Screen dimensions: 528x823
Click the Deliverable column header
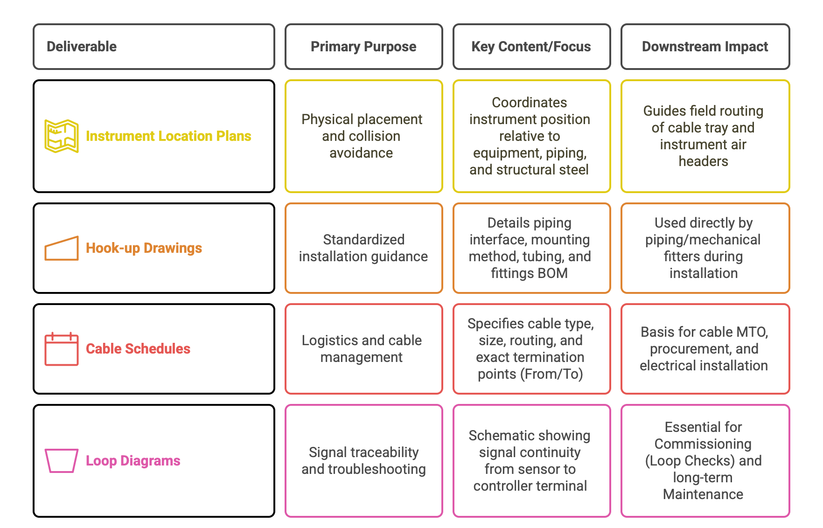(x=153, y=47)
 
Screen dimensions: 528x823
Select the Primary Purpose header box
(x=363, y=47)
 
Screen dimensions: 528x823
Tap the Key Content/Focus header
(x=531, y=47)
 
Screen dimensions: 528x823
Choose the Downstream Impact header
(x=705, y=47)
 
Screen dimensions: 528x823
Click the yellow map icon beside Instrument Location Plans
(x=62, y=136)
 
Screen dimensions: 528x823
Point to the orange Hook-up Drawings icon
(x=62, y=248)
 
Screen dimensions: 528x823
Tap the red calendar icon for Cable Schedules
(x=62, y=349)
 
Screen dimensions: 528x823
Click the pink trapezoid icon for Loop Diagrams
(x=62, y=461)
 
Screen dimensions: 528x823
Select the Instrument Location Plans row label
(x=168, y=136)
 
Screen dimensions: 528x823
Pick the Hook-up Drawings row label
(x=144, y=248)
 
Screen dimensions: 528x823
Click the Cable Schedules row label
(x=138, y=349)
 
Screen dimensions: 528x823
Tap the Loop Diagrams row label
(x=133, y=461)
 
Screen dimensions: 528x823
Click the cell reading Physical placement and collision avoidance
(x=363, y=136)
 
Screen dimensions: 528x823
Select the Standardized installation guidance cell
(x=363, y=248)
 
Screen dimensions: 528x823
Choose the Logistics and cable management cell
(x=363, y=349)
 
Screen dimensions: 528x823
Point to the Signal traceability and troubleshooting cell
(x=363, y=461)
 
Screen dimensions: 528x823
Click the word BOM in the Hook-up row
(x=553, y=273)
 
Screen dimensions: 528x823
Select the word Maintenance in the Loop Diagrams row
(x=703, y=494)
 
